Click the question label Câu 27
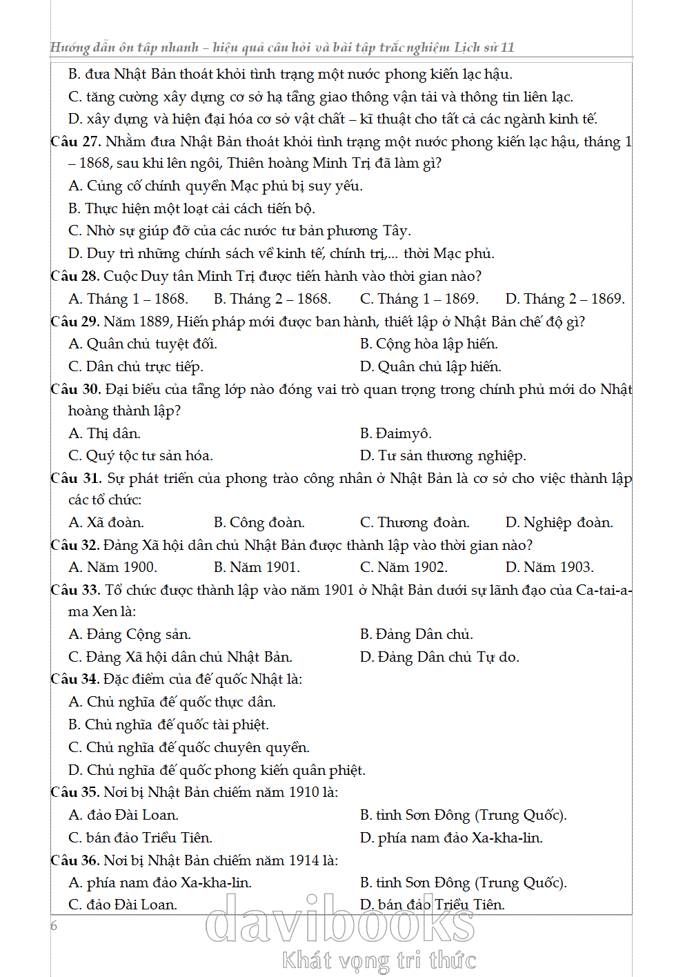[x=76, y=142]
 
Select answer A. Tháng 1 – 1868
[x=128, y=299]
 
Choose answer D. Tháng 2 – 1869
[x=565, y=299]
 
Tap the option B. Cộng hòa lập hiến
[x=428, y=344]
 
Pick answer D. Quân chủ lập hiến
[x=430, y=366]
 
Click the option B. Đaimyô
[x=395, y=433]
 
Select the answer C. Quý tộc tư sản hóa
[x=141, y=455]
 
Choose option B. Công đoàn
[x=259, y=522]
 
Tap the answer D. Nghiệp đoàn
[x=559, y=522]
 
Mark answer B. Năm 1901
[x=257, y=567]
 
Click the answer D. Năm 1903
[x=549, y=567]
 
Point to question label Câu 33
[x=76, y=590]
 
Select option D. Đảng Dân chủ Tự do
[x=439, y=657]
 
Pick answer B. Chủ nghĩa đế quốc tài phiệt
[x=168, y=724]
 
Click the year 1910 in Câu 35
[x=304, y=792]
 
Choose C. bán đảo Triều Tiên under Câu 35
[x=140, y=838]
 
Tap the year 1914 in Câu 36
[x=304, y=860]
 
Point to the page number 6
[x=55, y=926]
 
